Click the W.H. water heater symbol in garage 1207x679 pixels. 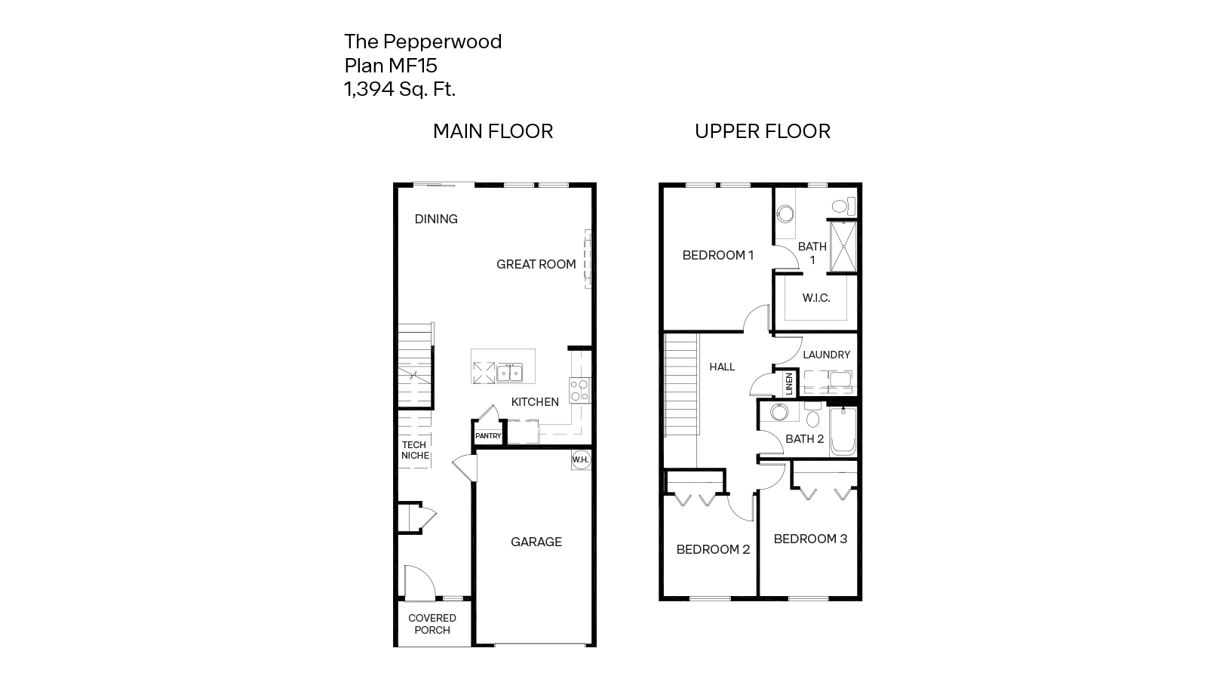click(580, 460)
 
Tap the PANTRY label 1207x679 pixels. click(488, 436)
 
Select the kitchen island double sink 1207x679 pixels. click(509, 372)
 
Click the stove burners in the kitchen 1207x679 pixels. click(579, 390)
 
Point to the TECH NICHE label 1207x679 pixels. click(414, 450)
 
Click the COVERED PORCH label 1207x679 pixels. click(432, 624)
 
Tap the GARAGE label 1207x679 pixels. click(536, 542)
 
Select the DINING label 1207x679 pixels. click(436, 220)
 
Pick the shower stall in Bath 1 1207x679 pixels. click(842, 246)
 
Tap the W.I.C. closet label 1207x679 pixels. click(816, 298)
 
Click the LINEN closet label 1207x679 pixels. click(789, 384)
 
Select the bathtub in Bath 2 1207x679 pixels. click(843, 432)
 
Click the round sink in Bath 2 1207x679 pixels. click(778, 413)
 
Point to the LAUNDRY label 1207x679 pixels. click(826, 355)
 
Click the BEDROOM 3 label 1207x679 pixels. click(810, 539)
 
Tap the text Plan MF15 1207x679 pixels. click(391, 66)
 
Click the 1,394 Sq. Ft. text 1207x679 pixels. click(400, 90)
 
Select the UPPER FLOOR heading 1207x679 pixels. click(762, 131)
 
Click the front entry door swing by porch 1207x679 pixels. click(418, 582)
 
